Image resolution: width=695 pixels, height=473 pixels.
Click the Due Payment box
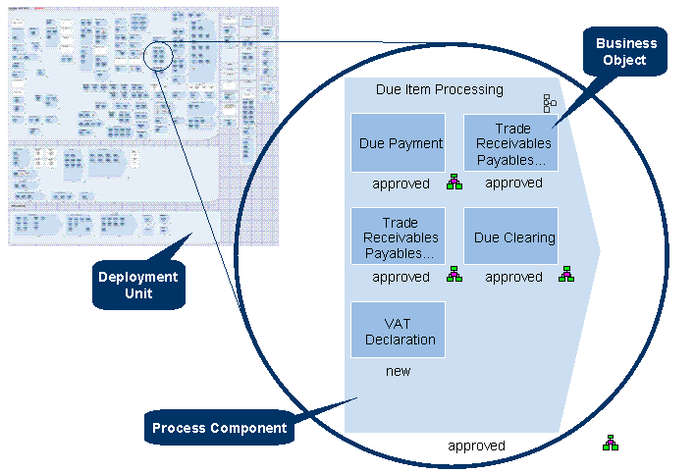pos(398,143)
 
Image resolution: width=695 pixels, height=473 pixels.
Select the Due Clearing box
pos(510,236)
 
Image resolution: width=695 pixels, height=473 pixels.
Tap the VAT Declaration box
pos(398,331)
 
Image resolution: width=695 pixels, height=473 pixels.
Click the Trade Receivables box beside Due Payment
pos(510,143)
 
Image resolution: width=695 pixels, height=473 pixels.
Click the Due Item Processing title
pos(439,89)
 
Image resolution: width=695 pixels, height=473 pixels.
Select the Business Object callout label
pos(625,52)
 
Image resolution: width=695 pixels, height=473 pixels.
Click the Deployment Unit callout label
pos(138,285)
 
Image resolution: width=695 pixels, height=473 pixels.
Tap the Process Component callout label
pos(219,428)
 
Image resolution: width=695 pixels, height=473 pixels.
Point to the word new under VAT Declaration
pos(398,371)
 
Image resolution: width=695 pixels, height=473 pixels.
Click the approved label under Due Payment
pos(401,184)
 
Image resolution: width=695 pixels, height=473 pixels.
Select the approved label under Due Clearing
pos(513,277)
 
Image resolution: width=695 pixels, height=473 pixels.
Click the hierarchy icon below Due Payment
pos(454,182)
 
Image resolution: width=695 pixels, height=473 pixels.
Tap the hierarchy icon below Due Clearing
pos(566,274)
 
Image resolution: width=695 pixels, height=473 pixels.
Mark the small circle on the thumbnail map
pos(158,55)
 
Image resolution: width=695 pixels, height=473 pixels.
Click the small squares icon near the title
pos(550,103)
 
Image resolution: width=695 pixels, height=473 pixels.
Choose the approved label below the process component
pos(476,446)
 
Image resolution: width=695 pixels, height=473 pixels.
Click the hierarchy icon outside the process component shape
pos(611,444)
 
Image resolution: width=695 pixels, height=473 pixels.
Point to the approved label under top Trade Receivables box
pos(513,184)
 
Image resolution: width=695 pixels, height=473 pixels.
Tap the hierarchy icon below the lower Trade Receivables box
pos(454,275)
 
